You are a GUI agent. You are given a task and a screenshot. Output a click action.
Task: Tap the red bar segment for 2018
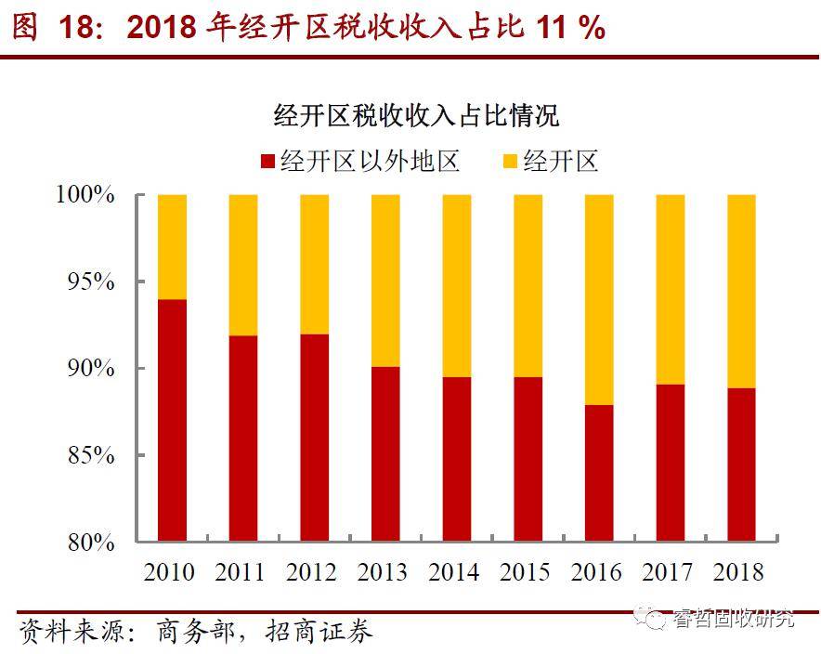tap(741, 464)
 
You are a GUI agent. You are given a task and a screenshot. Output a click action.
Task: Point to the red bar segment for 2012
tap(314, 438)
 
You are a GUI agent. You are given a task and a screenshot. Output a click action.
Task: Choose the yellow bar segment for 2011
tap(243, 265)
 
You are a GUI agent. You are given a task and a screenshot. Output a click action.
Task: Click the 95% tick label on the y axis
tap(90, 281)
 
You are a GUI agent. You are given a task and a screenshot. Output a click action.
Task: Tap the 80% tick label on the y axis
tap(90, 542)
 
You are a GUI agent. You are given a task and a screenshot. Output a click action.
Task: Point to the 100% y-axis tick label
tap(85, 195)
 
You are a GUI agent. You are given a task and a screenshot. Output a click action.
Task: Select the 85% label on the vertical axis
tap(90, 455)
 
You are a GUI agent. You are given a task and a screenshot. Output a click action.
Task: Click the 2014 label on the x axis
tap(455, 571)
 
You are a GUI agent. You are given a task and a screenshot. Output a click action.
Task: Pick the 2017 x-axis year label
tap(669, 571)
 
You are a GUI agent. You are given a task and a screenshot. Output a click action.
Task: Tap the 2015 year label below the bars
tap(527, 571)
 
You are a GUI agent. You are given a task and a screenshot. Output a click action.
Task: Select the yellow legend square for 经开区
tap(509, 163)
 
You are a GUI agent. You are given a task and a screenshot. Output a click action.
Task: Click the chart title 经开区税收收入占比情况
tap(417, 116)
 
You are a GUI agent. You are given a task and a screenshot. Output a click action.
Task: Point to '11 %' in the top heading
tap(570, 27)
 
